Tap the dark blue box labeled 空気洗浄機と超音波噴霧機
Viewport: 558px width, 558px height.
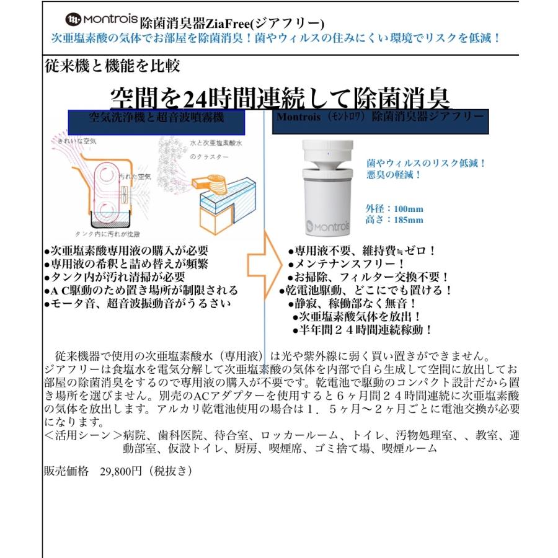coord(156,120)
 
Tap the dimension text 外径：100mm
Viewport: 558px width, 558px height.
coord(395,209)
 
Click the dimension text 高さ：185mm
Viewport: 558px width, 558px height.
coord(395,220)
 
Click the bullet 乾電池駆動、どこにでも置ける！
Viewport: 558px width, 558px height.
coord(366,290)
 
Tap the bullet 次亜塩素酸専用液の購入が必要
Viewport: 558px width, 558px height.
coord(126,251)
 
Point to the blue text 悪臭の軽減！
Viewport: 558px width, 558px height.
coord(394,174)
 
